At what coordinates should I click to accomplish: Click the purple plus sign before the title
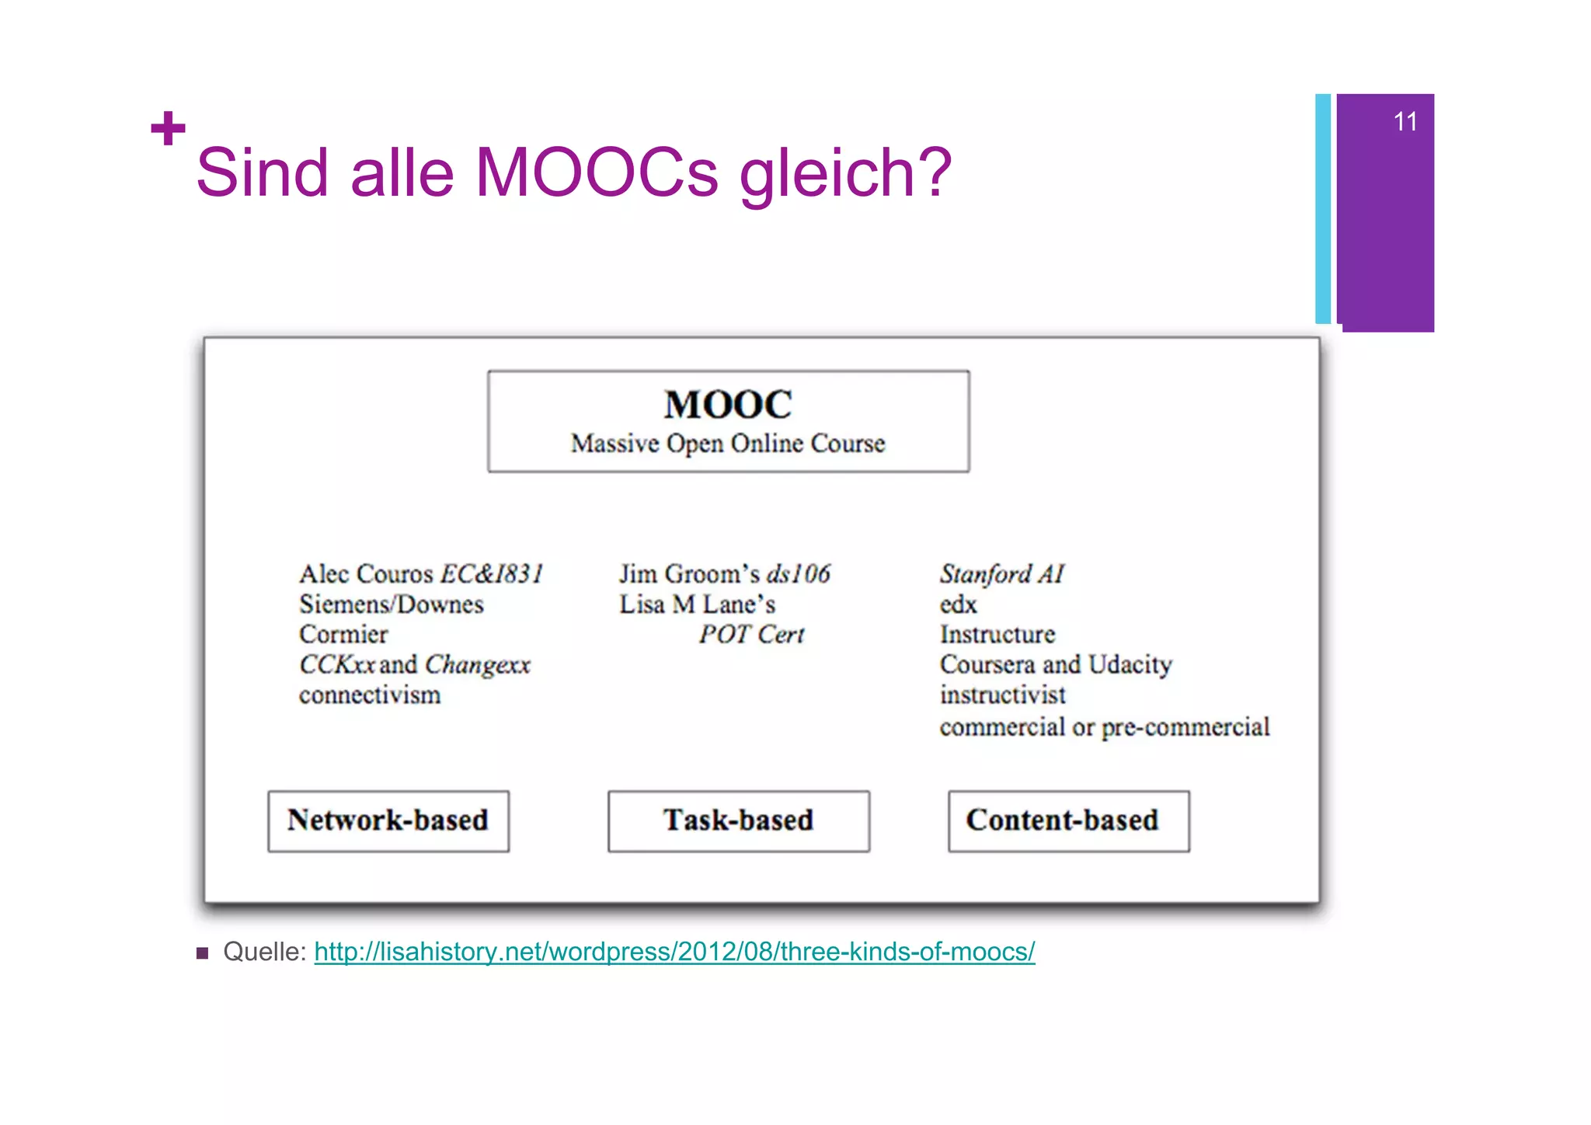168,129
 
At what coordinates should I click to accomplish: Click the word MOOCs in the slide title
596,172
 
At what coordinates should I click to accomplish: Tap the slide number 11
1405,122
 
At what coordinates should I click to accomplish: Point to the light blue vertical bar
1322,208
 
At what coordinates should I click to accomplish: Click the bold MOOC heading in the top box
728,405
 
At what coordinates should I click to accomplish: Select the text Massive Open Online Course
728,444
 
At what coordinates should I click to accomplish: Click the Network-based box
388,821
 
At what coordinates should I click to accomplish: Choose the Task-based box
739,821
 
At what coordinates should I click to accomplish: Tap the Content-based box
1068,821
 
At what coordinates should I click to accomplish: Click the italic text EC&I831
492,574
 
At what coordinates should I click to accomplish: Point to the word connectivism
370,695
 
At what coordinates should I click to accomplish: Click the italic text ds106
798,574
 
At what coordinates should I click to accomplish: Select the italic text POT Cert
751,635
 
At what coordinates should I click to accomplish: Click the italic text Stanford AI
1001,574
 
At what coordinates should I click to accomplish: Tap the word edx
958,604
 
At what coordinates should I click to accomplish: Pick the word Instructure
997,635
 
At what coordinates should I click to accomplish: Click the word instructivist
1002,695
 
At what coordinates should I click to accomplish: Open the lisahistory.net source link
674,952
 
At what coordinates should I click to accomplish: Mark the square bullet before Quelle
203,953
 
